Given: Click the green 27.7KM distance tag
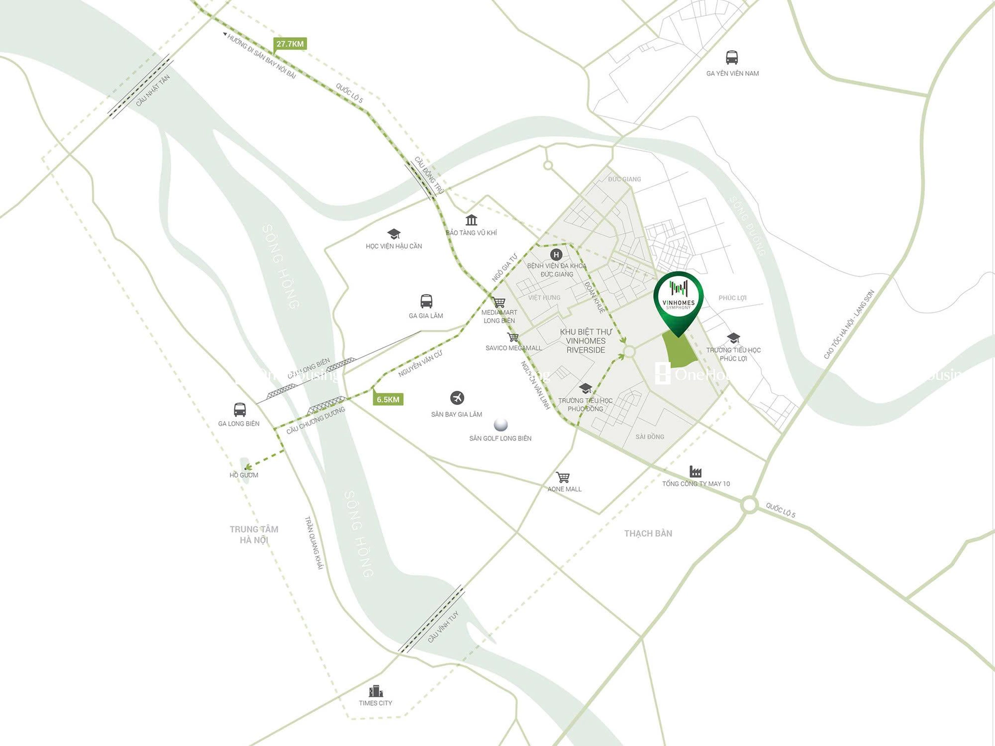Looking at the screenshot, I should [x=290, y=44].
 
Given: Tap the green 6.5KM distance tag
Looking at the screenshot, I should [x=388, y=399].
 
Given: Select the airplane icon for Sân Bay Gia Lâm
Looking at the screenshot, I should [x=457, y=398].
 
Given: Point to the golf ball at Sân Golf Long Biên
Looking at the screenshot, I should [x=500, y=425].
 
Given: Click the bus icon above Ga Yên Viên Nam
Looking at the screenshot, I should [x=731, y=57].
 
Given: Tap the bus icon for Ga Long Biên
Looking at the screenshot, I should [x=239, y=409].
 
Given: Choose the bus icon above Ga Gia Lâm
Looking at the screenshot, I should [x=426, y=301].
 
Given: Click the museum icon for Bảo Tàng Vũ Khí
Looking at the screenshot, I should [x=471, y=220].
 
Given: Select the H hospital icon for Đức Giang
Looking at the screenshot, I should [x=556, y=254].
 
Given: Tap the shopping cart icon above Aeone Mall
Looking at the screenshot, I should [x=563, y=477].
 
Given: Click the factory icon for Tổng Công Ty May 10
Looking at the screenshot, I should [x=695, y=471].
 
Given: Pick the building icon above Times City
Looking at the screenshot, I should [x=376, y=691].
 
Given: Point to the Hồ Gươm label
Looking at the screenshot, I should [x=243, y=475].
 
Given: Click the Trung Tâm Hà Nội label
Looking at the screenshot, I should [x=254, y=534].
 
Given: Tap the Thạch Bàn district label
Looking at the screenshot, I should [x=647, y=533].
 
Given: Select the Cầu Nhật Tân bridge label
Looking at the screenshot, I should [x=153, y=91].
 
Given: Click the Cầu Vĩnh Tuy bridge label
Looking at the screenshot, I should [x=443, y=627].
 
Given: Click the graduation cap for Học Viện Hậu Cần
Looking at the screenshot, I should [x=394, y=234].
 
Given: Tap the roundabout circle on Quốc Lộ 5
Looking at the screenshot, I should [x=749, y=505].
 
